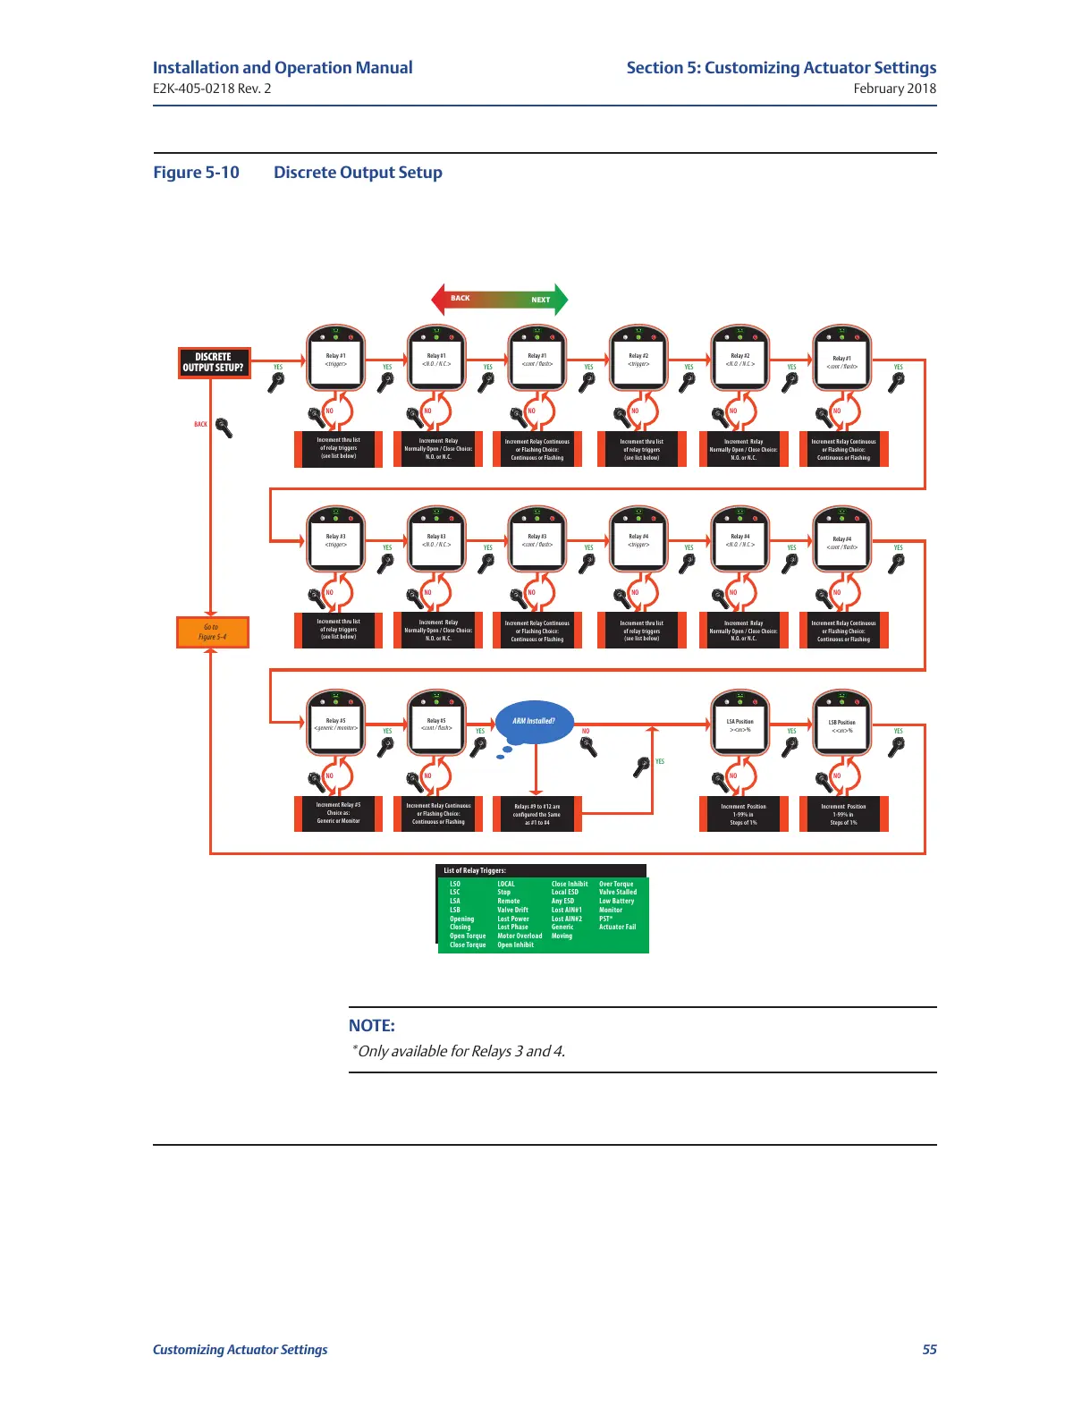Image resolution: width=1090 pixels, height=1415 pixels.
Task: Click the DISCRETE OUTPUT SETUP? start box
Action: click(213, 362)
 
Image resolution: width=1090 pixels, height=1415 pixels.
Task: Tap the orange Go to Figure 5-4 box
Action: click(212, 632)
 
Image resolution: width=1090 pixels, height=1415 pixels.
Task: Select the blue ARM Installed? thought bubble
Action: click(534, 721)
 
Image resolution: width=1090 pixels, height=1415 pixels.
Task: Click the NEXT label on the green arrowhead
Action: click(540, 300)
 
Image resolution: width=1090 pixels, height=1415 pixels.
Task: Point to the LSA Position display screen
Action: click(739, 724)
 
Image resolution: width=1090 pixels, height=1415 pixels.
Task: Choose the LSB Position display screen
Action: click(841, 725)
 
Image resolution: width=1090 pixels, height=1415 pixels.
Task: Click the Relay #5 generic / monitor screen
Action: click(335, 724)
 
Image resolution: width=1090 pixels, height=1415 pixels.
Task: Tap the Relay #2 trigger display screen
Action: click(638, 360)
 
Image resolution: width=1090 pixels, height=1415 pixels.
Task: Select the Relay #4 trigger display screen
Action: click(638, 541)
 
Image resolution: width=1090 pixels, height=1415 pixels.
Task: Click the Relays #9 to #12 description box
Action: click(537, 814)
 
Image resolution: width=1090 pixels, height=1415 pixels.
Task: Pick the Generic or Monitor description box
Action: click(338, 813)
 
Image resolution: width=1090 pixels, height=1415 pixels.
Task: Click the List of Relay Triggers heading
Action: click(475, 870)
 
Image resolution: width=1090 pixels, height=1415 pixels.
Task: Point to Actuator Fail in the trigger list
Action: click(617, 928)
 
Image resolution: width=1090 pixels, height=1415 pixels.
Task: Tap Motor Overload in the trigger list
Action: click(520, 936)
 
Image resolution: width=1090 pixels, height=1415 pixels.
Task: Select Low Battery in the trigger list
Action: click(616, 902)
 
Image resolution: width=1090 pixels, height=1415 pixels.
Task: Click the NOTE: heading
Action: click(371, 1026)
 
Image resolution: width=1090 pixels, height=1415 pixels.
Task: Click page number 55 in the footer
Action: click(929, 1350)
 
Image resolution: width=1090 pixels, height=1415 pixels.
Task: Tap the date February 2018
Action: click(894, 89)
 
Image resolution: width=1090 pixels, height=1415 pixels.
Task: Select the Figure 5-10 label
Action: click(196, 173)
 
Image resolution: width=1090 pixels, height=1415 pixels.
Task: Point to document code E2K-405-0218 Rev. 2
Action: click(212, 89)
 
